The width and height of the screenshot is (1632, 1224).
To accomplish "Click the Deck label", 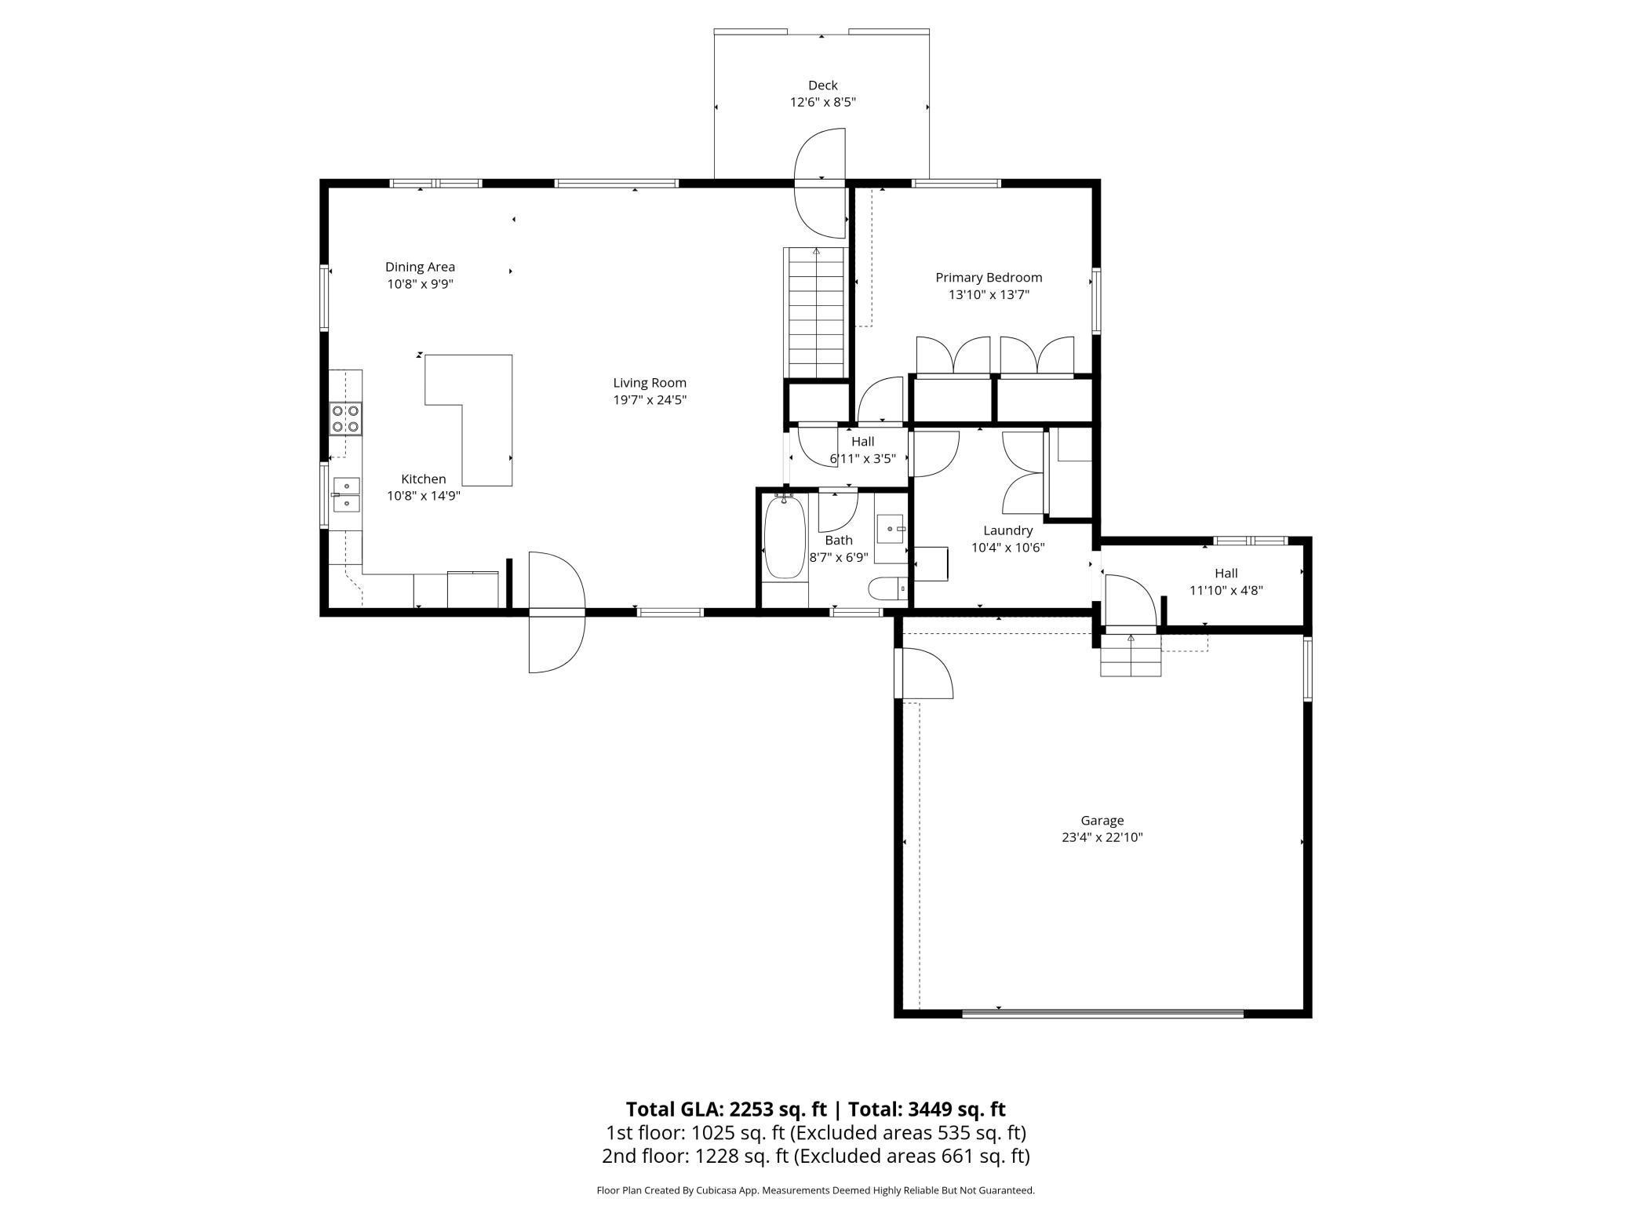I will pos(822,85).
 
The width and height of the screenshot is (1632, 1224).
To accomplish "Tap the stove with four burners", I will pos(345,418).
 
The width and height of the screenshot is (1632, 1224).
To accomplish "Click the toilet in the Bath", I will pos(887,588).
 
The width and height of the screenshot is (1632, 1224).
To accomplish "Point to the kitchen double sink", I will pos(345,495).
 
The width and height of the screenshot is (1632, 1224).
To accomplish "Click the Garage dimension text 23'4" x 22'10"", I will pos(1102,837).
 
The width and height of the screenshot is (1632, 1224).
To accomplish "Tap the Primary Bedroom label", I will pos(989,277).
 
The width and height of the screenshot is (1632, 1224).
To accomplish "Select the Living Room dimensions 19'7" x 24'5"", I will pos(650,399).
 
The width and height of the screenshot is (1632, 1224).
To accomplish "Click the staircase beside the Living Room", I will pos(817,314).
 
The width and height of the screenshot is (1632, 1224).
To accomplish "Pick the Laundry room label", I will pos(1007,530).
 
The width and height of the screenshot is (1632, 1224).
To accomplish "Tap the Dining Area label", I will pos(420,267).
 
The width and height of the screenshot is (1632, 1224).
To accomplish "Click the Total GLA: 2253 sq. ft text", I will pos(726,1109).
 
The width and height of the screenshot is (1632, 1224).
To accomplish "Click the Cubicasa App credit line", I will pos(815,1190).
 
